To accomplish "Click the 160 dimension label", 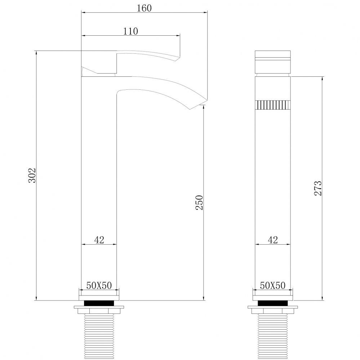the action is click(144, 8).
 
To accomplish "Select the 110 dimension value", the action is click(131, 31).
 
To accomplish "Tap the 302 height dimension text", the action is click(32, 175).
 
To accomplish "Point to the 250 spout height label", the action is click(199, 203).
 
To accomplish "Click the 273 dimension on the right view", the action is click(318, 188).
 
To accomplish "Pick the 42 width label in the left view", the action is click(99, 240).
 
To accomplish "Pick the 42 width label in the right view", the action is click(273, 240).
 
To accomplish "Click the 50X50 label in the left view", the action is click(99, 285).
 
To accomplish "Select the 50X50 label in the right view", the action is click(273, 285).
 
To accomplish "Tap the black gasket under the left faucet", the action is click(99, 303).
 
